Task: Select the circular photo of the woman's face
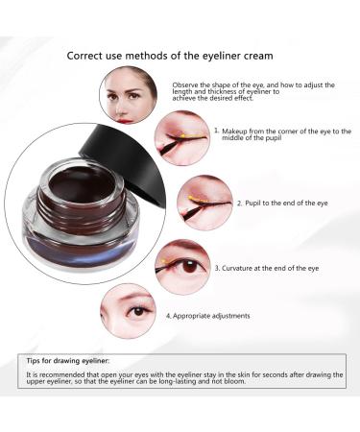(129, 91)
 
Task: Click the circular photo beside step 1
(180, 135)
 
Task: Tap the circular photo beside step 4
(130, 312)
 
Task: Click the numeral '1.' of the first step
(217, 129)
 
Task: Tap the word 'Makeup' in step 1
(237, 129)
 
